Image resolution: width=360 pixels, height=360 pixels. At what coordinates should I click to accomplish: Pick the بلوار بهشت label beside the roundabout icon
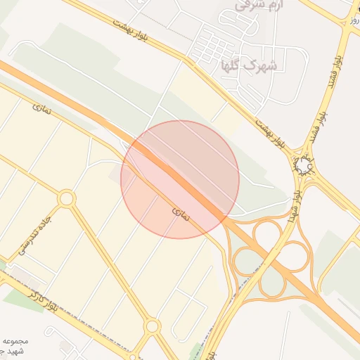coord(270,134)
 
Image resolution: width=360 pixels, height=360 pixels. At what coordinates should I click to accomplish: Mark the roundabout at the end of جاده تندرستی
coord(67,198)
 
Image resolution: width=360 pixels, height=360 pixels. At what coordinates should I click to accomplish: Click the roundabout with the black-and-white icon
coord(304,165)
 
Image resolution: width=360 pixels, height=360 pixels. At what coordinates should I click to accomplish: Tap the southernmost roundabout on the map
coord(152,326)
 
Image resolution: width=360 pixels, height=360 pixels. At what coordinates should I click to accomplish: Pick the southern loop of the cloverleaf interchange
coord(271,283)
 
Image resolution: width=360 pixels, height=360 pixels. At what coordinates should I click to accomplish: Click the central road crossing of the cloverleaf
coord(271,257)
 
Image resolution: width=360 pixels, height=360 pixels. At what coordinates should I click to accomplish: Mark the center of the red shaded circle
coord(180,179)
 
